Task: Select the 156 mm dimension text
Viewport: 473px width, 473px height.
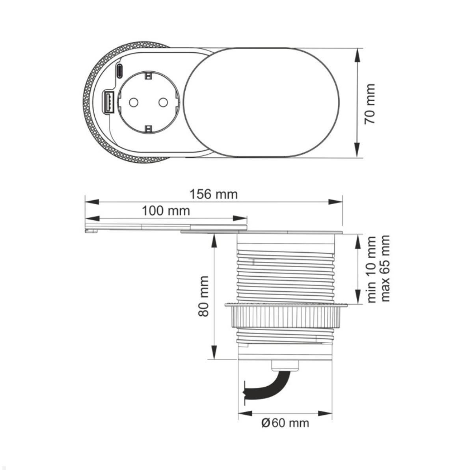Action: pyautogui.click(x=214, y=194)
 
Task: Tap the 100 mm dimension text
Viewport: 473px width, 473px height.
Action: pyautogui.click(x=166, y=211)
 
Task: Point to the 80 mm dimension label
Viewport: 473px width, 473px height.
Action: pyautogui.click(x=203, y=296)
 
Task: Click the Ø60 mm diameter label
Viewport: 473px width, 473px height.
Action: pyautogui.click(x=285, y=423)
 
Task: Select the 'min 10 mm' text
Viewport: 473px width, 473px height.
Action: pyautogui.click(x=371, y=269)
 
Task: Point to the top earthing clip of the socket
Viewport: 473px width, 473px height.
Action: pyautogui.click(x=148, y=75)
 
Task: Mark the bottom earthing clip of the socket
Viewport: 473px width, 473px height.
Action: pyautogui.click(x=148, y=129)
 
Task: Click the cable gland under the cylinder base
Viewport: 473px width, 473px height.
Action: pyautogui.click(x=285, y=366)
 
